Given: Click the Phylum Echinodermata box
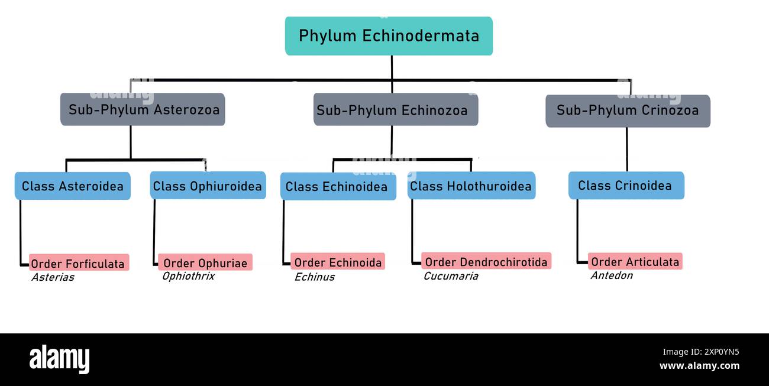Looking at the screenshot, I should tap(389, 36).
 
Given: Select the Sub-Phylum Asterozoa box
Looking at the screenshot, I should tap(143, 109).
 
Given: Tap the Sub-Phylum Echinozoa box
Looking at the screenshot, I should tap(395, 110).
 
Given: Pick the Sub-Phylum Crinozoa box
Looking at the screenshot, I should tap(627, 111).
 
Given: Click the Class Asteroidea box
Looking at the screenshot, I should tap(72, 186).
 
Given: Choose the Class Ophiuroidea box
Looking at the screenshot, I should tap(208, 186).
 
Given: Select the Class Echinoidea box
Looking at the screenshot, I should tap(337, 187).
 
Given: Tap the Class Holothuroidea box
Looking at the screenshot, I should tap(471, 186).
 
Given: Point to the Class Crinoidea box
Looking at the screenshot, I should tap(625, 186).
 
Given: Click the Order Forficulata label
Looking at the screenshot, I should tap(78, 264).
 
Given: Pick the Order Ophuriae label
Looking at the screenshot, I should tap(205, 263).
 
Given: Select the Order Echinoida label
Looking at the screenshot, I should tap(338, 262).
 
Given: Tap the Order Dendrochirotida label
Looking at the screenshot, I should tap(486, 261).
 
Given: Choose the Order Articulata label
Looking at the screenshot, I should tap(635, 261).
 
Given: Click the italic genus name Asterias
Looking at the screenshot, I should tap(53, 277).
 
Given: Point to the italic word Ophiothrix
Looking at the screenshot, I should tap(188, 276).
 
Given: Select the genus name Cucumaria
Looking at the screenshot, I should tap(450, 276).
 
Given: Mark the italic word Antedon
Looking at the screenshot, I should tap(611, 275).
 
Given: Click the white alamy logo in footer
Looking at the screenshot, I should tap(59, 359).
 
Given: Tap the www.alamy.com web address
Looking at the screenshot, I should tap(699, 366).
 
